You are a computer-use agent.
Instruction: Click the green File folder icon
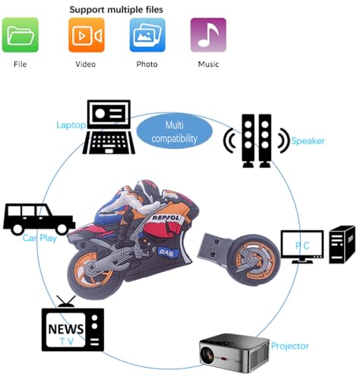pos(21,35)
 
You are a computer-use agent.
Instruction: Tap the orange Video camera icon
pos(87,35)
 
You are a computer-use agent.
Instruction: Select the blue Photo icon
pos(147,35)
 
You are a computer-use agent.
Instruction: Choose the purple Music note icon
pos(208,35)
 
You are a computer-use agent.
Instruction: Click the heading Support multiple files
pos(116,10)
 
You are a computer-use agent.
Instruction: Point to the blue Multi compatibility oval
pos(175,131)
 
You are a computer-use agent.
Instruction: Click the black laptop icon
pos(109,127)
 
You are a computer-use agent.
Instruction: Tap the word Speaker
pos(308,141)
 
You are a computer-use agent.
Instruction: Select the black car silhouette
pos(39,218)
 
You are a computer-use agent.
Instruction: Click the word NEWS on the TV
pos(66,329)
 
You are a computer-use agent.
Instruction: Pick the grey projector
pos(234,353)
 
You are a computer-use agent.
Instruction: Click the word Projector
pos(290,346)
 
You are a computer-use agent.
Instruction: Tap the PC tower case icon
pos(342,245)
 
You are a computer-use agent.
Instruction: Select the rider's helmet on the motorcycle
pos(147,192)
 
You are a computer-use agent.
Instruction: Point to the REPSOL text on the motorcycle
pos(166,217)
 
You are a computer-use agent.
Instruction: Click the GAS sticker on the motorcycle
pos(166,252)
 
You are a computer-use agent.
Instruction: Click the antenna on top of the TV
pos(66,302)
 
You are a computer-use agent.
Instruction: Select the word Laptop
pos(71,125)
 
